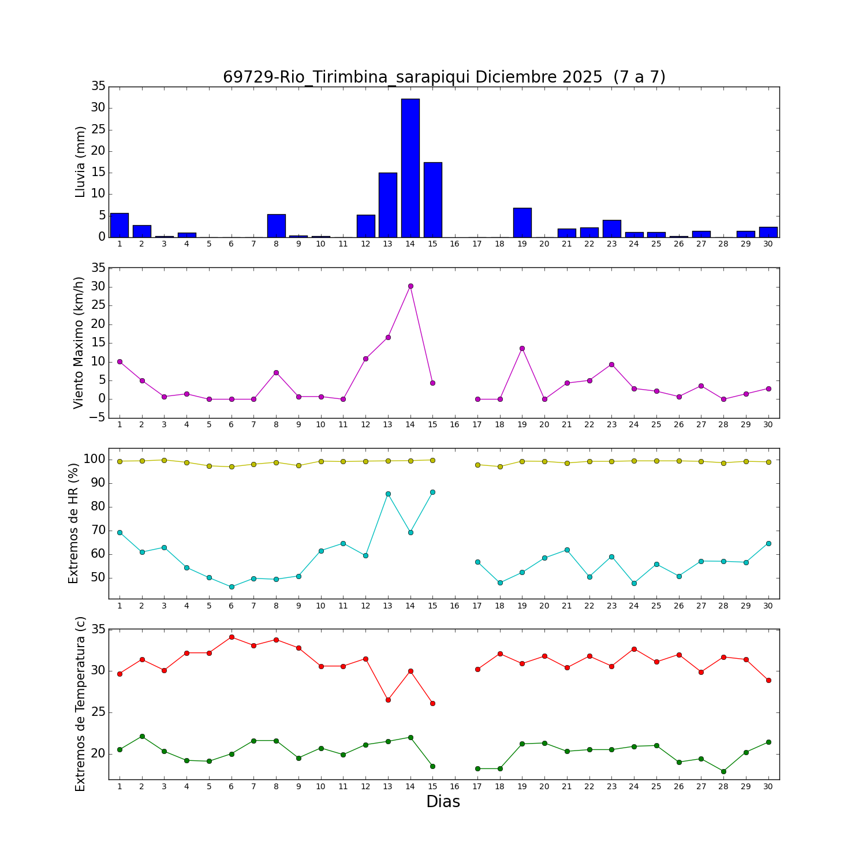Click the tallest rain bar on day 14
410,167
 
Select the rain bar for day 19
522,222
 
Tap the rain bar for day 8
276,226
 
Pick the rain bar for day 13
388,205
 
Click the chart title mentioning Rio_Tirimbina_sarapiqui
444,77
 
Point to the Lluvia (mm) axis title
80,162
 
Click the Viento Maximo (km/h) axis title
79,342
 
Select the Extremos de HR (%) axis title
73,523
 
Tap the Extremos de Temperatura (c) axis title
80,704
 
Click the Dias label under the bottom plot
443,801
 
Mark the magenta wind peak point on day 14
410,286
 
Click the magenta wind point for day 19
522,348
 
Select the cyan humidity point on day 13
388,494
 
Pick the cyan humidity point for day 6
232,587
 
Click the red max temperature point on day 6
232,637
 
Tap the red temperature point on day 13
388,700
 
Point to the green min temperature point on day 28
723,771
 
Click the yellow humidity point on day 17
477,465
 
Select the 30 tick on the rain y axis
98,108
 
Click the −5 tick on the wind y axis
96,417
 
